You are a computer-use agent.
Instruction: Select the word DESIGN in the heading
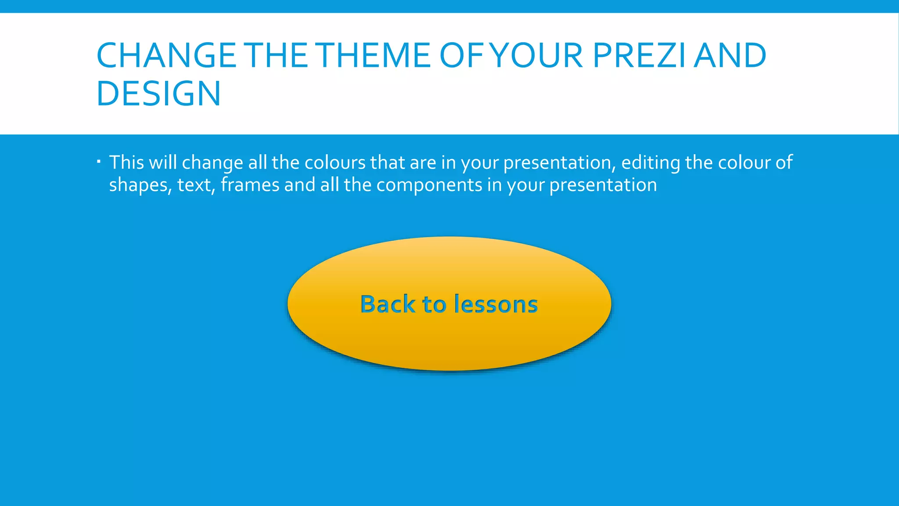pos(158,94)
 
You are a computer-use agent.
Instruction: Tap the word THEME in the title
pos(374,56)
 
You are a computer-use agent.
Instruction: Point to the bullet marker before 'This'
pos(99,162)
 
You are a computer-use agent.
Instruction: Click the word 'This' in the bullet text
pos(126,163)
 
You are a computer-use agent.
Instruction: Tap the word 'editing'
pos(651,163)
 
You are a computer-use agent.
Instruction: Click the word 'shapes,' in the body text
pos(140,185)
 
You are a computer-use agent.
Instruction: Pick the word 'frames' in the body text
pos(250,185)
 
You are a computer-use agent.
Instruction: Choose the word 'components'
pos(429,185)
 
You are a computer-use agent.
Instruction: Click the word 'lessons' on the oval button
pos(496,304)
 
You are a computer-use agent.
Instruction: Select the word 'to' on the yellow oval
pos(434,304)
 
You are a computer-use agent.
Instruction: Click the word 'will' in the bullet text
pos(163,163)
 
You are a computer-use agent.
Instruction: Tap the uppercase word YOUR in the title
pos(536,56)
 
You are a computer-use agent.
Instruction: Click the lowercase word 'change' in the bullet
pos(212,163)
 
